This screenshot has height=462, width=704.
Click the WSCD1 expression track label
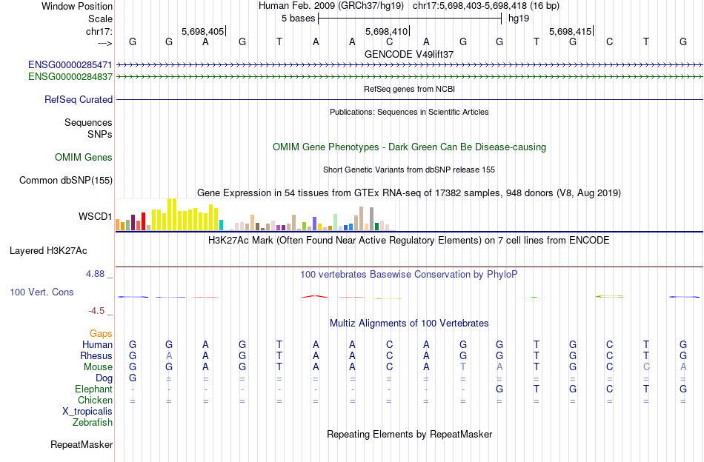point(96,217)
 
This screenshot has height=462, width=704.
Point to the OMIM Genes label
point(84,157)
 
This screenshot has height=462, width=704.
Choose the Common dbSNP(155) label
point(66,180)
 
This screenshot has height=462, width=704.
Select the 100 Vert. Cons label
point(41,292)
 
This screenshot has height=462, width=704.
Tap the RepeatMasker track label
point(82,445)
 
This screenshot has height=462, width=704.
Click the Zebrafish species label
point(93,423)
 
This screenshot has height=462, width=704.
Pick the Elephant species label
point(93,389)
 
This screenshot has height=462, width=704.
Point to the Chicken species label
point(95,400)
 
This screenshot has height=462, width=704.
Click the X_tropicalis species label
point(87,411)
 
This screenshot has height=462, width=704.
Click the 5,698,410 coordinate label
point(386,32)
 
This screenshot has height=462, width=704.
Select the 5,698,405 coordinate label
point(202,32)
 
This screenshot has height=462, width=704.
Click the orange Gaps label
point(101,334)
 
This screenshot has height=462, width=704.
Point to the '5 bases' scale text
point(298,18)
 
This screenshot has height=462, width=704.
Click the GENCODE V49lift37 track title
point(409,54)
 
